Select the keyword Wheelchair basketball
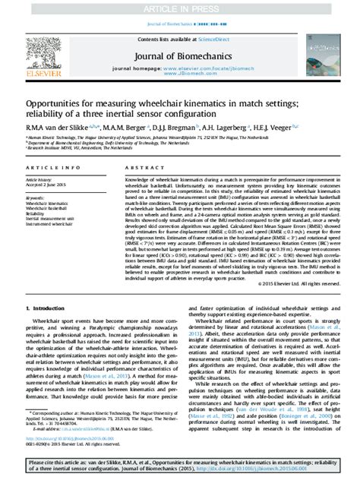(x=51, y=209)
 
